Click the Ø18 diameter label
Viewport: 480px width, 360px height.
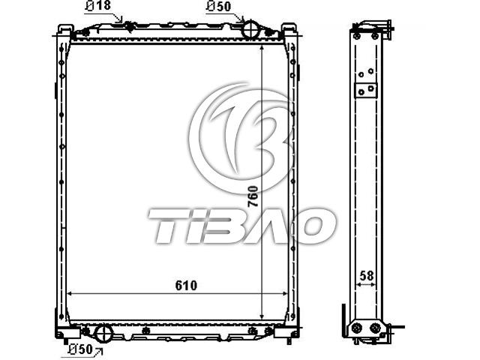(98, 5)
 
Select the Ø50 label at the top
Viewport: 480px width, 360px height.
(218, 6)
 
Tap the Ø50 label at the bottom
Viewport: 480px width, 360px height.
(80, 349)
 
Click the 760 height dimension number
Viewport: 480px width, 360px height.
(253, 196)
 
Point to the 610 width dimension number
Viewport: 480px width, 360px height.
(186, 285)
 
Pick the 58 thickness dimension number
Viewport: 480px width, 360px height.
(367, 276)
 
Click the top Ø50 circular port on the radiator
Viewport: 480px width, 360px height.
(251, 28)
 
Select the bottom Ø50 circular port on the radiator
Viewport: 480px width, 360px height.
(103, 333)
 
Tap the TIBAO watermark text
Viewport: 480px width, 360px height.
(241, 226)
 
